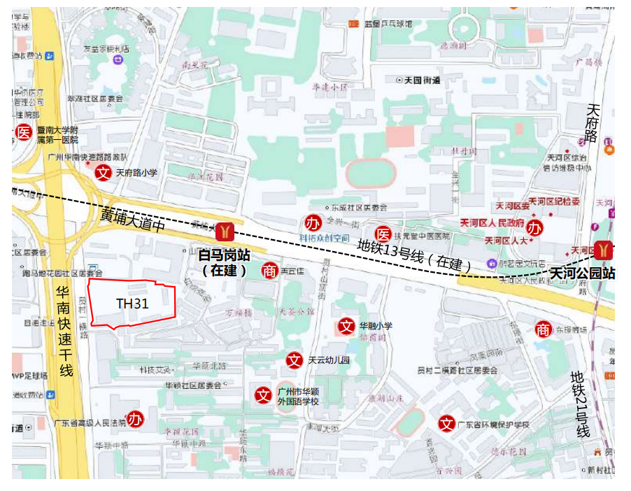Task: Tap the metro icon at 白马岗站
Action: pos(225,230)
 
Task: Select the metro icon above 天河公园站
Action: pos(604,250)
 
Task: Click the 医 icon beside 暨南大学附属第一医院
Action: pos(24,131)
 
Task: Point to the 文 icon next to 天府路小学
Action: pos(103,173)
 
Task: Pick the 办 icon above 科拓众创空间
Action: pos(313,224)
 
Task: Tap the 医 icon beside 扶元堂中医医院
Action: pos(383,234)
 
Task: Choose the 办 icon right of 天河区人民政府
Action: pos(535,228)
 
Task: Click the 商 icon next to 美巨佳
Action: pos(269,270)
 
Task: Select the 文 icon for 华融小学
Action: pos(346,325)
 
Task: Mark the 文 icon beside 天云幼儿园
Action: pos(295,360)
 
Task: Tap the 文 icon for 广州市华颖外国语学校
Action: pos(263,395)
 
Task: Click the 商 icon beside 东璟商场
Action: pos(543,329)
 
